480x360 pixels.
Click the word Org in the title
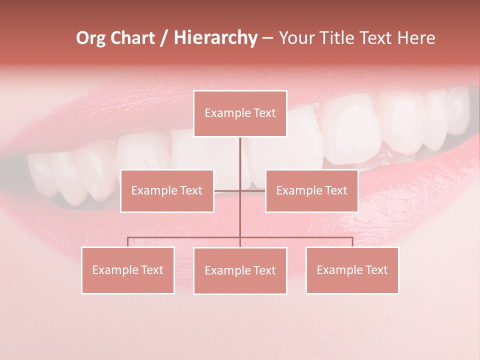(x=90, y=38)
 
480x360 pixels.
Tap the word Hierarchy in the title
(x=215, y=38)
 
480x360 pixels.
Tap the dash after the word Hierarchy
(x=267, y=38)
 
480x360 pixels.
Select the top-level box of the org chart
(x=240, y=113)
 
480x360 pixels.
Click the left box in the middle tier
(x=167, y=190)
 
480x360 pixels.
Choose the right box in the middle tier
(x=311, y=190)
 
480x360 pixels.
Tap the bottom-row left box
(x=127, y=270)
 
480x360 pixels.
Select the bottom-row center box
(x=240, y=270)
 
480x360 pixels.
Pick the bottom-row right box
(x=352, y=270)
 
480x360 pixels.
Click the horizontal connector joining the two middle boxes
(x=227, y=190)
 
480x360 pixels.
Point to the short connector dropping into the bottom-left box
(x=127, y=242)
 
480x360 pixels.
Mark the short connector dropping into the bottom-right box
(x=352, y=242)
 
